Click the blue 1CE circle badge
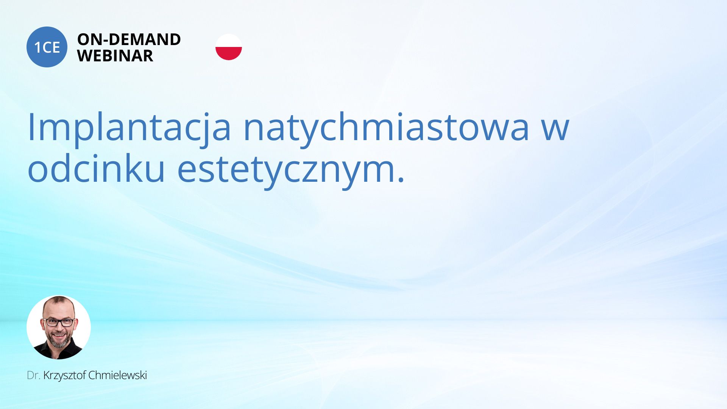pos(47,47)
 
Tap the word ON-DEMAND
pos(129,39)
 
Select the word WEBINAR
pos(115,56)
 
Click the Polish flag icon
pos(229,47)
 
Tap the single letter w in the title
pos(555,130)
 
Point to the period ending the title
pos(401,179)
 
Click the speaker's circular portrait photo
pos(59,327)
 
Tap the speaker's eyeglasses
pos(59,322)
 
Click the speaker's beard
pos(59,340)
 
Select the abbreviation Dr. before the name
pos(34,375)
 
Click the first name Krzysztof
pos(64,375)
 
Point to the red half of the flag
pos(229,53)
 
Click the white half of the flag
pos(229,41)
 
